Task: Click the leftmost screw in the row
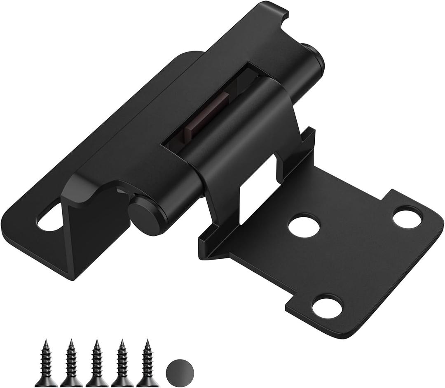click(46, 364)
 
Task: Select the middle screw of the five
click(97, 364)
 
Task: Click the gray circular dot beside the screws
click(180, 371)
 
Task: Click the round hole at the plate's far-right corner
click(407, 217)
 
